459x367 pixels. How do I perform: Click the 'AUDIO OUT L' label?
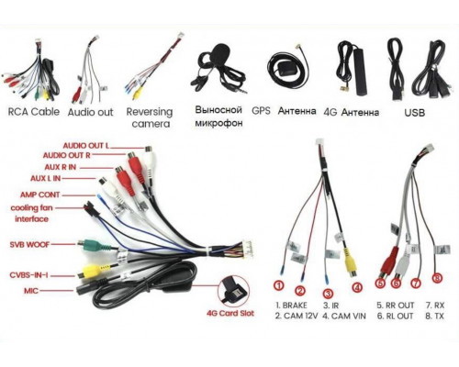85,146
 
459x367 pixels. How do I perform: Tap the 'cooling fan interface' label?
31,214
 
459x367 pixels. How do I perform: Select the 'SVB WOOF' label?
29,245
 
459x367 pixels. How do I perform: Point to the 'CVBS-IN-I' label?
28,275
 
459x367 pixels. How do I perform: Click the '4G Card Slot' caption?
230,313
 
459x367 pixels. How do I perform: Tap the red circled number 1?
279,286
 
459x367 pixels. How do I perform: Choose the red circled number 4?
357,287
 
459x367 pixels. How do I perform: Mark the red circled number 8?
437,278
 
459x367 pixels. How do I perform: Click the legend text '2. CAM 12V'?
297,316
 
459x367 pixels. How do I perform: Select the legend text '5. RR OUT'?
395,306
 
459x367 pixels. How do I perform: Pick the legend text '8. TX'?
434,316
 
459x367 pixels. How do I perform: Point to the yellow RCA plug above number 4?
351,264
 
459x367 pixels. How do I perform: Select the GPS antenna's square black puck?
284,68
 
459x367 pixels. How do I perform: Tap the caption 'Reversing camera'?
150,117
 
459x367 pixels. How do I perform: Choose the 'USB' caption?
415,113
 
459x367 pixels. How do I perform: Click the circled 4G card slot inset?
233,291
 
